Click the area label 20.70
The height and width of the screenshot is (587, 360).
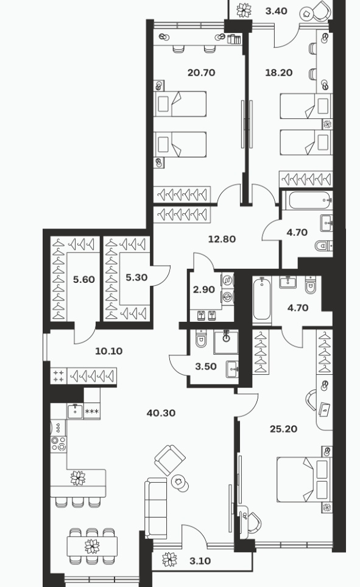[202, 73]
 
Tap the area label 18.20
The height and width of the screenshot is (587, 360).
[279, 73]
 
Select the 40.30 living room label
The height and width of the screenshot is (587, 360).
[161, 413]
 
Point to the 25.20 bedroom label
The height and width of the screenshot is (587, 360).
[284, 429]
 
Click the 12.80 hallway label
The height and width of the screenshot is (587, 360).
[222, 239]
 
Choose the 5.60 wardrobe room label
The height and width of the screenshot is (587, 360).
[84, 279]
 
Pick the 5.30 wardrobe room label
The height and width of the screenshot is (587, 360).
[136, 278]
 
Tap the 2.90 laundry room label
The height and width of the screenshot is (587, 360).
[204, 290]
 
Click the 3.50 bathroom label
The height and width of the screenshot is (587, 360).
[206, 366]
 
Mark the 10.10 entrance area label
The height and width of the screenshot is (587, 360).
[109, 351]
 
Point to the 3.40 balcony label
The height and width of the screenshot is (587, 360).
[276, 11]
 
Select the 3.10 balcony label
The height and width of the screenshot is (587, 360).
[200, 561]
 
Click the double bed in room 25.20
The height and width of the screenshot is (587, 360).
[304, 480]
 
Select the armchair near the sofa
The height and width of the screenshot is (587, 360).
[171, 460]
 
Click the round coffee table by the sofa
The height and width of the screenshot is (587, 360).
[179, 483]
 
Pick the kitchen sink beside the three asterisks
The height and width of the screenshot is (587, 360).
[75, 411]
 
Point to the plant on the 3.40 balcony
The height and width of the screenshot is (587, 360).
[244, 10]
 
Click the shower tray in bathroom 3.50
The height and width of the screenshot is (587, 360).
[225, 342]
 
